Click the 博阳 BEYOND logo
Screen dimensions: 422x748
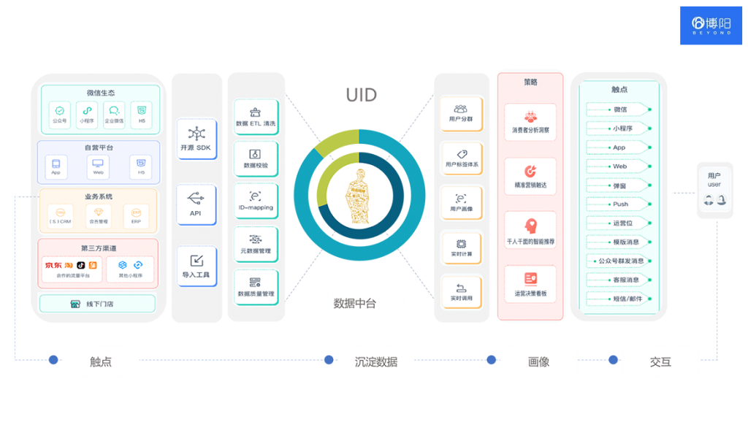coord(711,25)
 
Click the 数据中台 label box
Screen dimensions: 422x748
coord(365,303)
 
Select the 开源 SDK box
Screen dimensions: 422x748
coord(196,139)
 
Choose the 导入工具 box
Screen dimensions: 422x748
coord(196,266)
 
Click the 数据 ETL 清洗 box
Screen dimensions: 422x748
coord(256,118)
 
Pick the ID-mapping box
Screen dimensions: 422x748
coord(256,202)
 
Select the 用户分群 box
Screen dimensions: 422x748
coord(461,114)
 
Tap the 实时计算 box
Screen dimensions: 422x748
coord(461,248)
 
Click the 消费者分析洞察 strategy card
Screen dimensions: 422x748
coord(530,122)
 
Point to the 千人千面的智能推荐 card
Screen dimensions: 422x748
coord(530,231)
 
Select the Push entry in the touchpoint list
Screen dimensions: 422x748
coord(619,204)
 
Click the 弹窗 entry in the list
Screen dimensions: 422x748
coord(619,185)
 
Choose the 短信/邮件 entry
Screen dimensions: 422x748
coord(619,299)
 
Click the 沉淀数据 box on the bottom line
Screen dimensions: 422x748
coord(376,361)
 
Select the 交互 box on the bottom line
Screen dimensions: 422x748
coord(660,361)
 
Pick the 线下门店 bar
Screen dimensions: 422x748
coord(97,303)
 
